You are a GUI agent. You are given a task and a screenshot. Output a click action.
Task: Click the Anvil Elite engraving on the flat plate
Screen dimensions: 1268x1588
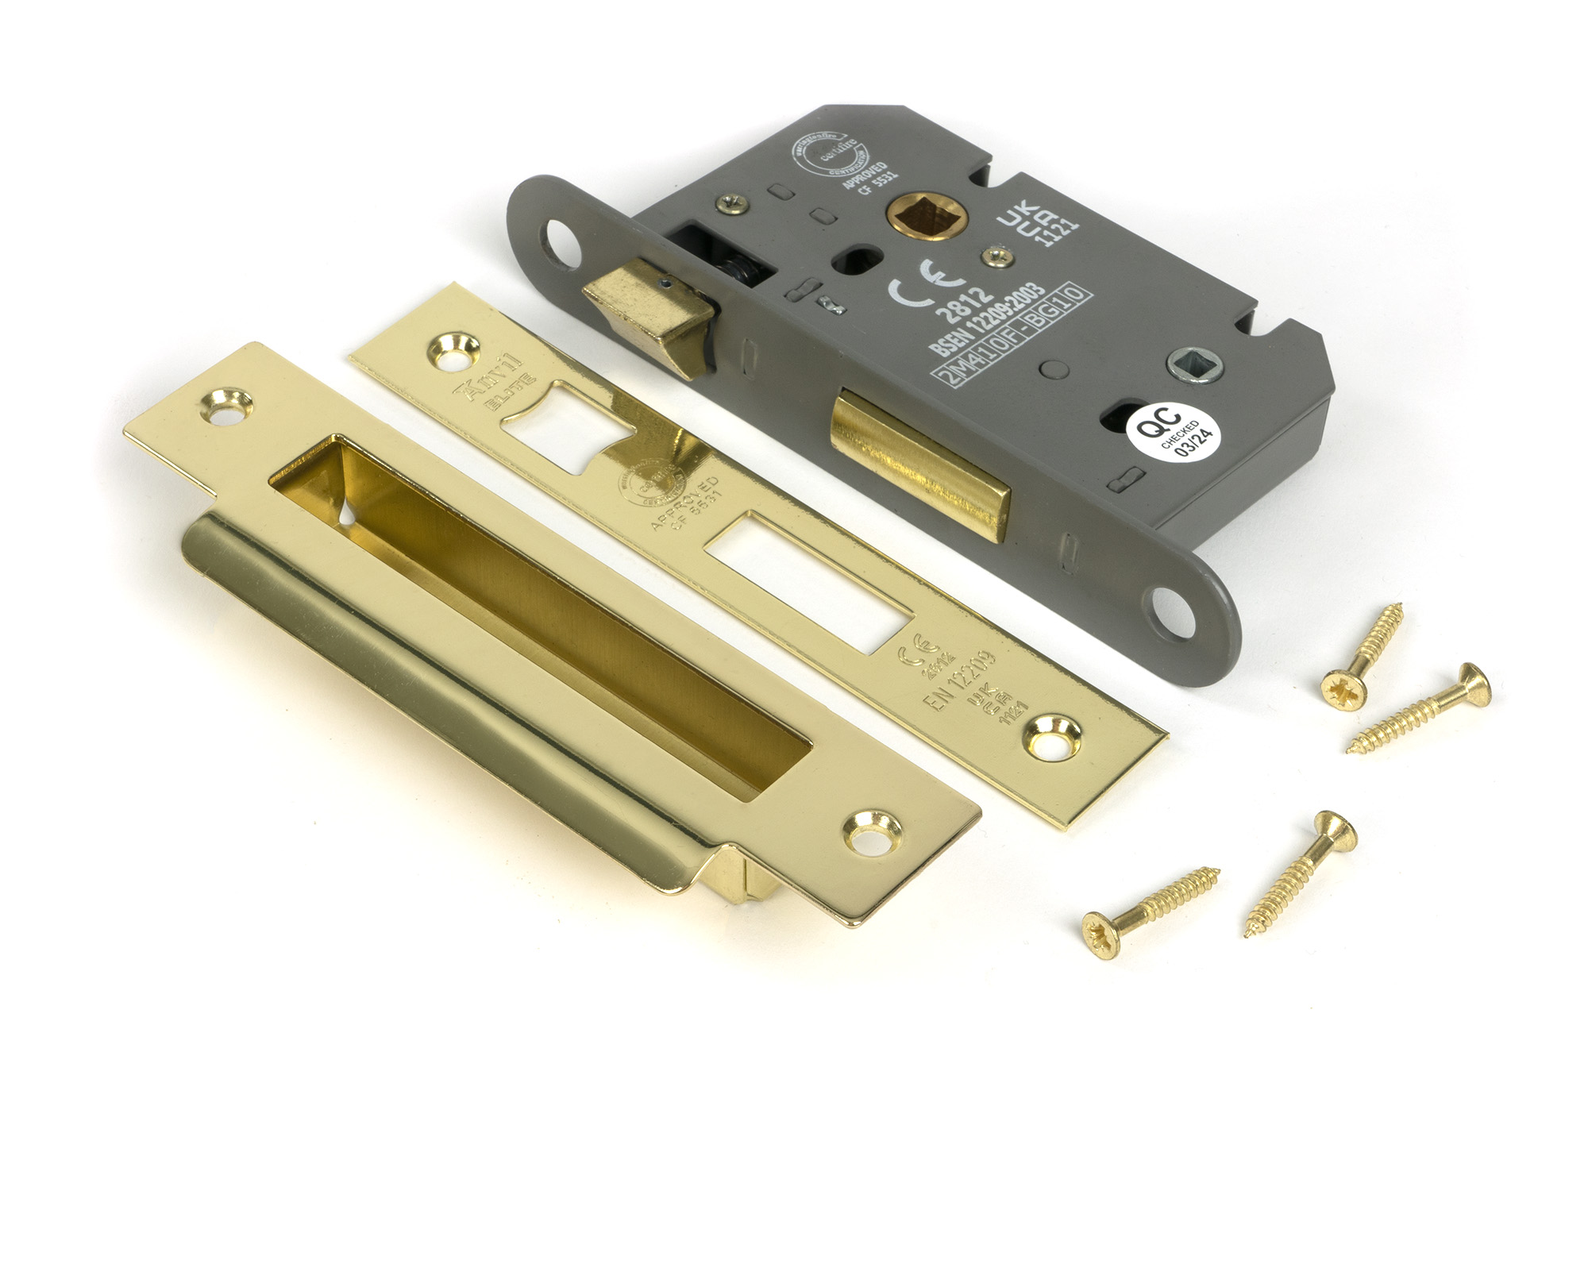[x=494, y=382]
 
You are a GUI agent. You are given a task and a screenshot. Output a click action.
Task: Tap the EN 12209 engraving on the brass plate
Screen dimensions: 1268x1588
[x=958, y=680]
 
